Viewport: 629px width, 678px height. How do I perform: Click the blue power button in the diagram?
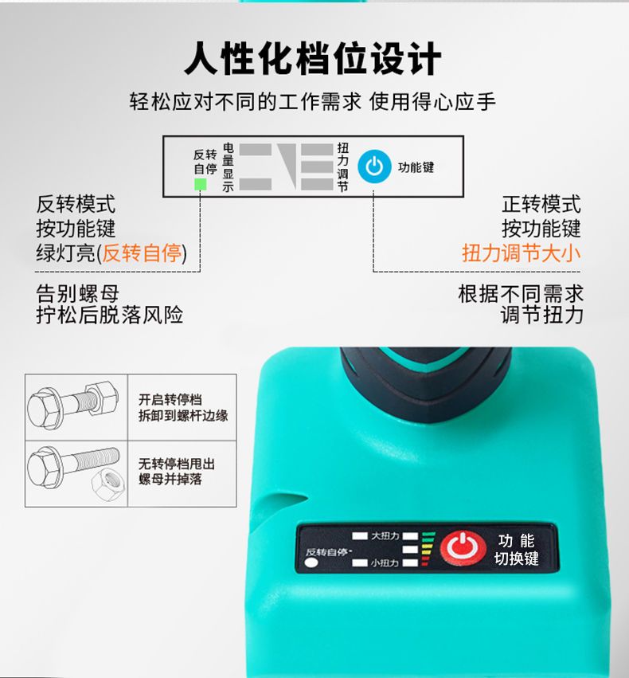coord(374,167)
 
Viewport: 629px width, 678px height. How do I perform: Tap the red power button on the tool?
coord(463,548)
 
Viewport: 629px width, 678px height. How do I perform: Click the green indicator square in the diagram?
coord(201,184)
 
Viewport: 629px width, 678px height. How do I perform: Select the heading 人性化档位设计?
coord(313,59)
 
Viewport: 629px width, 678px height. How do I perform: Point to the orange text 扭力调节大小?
coord(521,253)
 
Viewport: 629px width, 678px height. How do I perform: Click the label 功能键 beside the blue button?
coord(416,167)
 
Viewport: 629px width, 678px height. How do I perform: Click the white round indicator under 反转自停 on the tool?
coord(311,562)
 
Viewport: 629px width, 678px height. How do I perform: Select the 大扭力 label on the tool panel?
coord(385,536)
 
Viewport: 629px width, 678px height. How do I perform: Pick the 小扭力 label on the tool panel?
coord(385,563)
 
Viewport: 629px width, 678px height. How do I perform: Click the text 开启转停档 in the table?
coord(170,399)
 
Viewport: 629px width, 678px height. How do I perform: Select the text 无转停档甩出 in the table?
coord(177,464)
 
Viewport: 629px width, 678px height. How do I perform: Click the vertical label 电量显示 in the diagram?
coord(228,167)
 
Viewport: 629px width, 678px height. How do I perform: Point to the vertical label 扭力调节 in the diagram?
coord(342,167)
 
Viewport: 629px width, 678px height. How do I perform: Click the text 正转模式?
coord(541,204)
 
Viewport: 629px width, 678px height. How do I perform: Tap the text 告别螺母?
coord(78,293)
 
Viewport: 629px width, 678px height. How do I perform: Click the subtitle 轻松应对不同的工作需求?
coord(245,102)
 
